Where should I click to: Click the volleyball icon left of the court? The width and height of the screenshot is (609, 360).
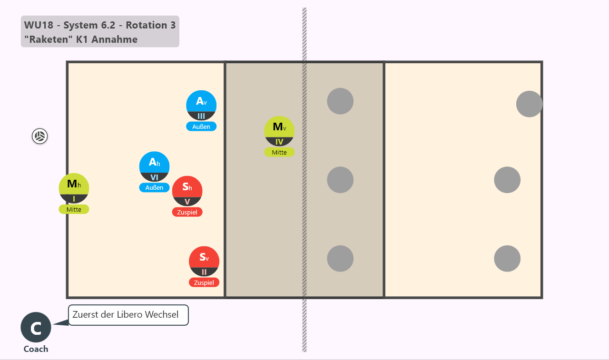tap(39, 136)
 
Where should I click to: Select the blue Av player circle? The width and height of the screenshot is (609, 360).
tap(201, 106)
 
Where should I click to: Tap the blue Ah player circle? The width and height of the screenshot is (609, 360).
tap(154, 166)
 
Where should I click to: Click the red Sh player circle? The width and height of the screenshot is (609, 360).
tap(187, 191)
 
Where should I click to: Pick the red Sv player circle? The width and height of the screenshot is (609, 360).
tap(204, 262)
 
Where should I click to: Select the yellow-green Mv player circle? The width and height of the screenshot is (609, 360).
tap(279, 131)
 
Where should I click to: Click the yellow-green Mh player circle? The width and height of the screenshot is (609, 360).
tap(74, 188)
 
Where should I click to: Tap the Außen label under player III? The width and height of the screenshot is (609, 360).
tap(201, 126)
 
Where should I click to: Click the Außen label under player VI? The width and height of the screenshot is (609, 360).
tap(154, 187)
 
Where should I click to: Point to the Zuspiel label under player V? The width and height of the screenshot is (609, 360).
tap(187, 212)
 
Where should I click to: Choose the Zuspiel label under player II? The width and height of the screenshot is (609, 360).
tap(204, 282)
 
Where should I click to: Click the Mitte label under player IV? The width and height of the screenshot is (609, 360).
tap(279, 152)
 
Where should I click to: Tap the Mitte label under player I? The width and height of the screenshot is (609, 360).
tap(74, 209)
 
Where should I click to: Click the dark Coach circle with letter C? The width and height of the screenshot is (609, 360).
tap(36, 327)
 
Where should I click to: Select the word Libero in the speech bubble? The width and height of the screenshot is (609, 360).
tap(129, 315)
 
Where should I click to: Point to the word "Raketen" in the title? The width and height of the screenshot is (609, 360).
tap(49, 39)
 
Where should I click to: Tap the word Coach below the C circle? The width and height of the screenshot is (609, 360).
tap(36, 349)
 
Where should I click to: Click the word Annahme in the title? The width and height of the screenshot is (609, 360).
tap(115, 39)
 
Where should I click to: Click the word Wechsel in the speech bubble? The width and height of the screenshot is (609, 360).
tap(161, 315)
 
